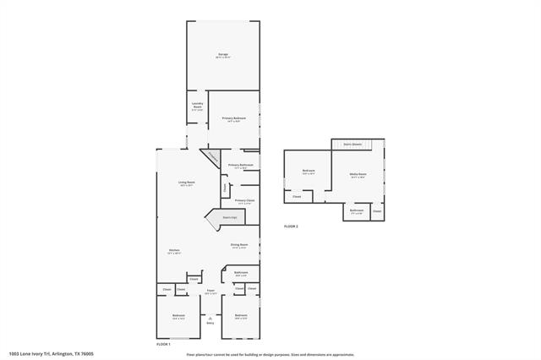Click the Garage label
point(222,55)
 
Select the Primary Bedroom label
point(233,118)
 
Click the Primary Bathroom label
point(241,166)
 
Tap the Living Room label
point(186,183)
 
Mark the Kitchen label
point(173,251)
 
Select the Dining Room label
point(239,246)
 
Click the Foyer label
point(210,292)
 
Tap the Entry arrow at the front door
point(210,319)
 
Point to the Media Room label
point(358,175)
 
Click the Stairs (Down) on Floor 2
point(353,145)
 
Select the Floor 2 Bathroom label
point(358,210)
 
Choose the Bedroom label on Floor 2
point(309,172)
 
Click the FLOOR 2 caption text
point(291,226)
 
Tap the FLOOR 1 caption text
point(164,344)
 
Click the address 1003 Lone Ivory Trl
point(51,354)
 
